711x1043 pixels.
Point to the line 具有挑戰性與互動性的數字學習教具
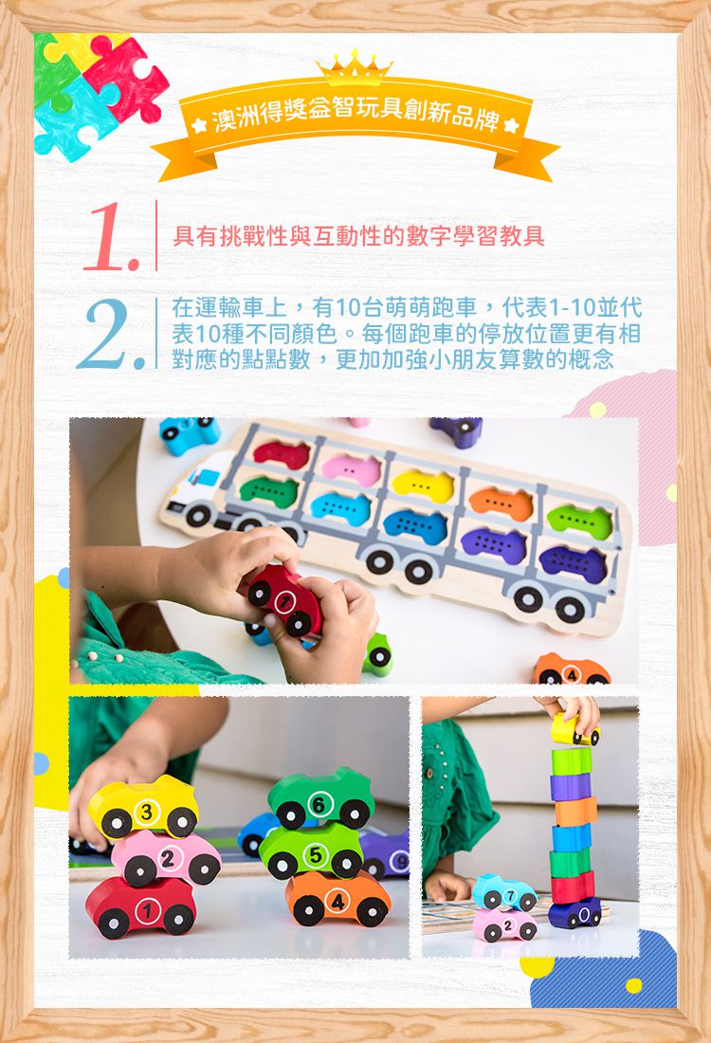click(x=358, y=236)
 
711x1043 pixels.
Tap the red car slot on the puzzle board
click(x=282, y=454)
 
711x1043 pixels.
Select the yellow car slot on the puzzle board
click(x=423, y=485)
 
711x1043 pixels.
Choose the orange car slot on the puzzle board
click(x=501, y=503)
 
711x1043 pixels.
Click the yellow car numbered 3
click(x=144, y=808)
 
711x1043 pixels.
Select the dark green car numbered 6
click(x=320, y=798)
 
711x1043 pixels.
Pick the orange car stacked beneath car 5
click(x=337, y=898)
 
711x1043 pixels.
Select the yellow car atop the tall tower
click(x=574, y=730)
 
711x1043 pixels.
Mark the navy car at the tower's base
click(x=574, y=914)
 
